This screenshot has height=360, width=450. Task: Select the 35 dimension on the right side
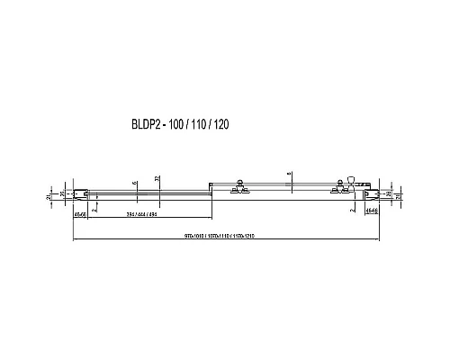385,193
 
